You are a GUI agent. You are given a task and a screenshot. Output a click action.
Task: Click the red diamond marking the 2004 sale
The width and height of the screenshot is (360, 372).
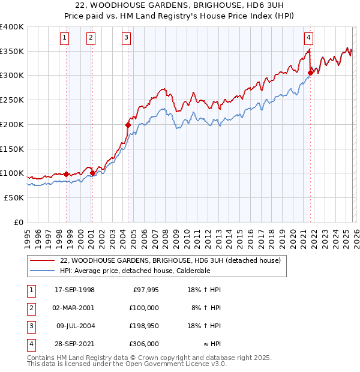point(128,125)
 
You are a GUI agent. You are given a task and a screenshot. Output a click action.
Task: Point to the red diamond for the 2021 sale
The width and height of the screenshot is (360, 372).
point(310,73)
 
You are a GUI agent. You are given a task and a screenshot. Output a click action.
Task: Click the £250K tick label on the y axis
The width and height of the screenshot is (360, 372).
point(12,100)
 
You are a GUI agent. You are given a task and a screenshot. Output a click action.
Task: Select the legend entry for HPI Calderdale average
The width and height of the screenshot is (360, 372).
point(135,271)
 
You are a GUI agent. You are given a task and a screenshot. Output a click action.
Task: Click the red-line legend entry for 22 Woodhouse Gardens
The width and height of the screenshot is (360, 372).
point(170,260)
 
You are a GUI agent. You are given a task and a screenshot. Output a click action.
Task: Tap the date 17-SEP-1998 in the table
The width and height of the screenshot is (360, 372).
point(74,290)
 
